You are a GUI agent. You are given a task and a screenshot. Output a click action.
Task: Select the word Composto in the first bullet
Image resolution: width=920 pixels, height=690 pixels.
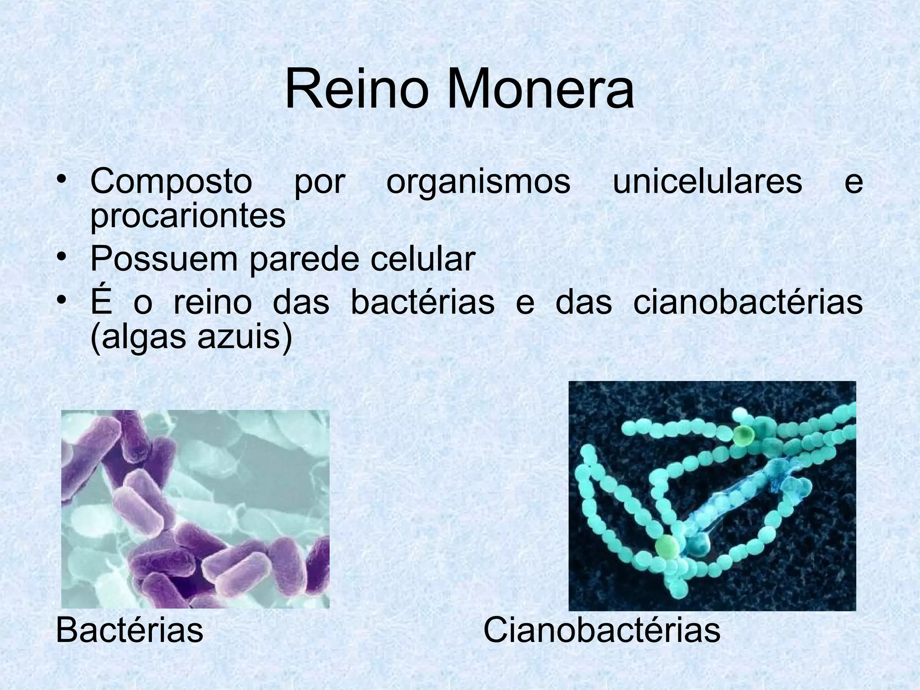(x=171, y=182)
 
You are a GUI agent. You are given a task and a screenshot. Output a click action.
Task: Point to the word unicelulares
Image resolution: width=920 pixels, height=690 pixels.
(x=708, y=181)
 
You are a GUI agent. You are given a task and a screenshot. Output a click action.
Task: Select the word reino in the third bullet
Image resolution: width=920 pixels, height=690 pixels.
(x=212, y=303)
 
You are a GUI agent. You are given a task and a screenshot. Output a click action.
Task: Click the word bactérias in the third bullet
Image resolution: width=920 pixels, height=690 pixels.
(x=422, y=302)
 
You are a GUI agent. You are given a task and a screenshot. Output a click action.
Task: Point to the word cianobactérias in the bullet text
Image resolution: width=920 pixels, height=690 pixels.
(x=748, y=302)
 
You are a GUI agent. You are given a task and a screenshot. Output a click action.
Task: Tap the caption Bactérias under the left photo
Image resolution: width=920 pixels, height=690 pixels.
(x=129, y=630)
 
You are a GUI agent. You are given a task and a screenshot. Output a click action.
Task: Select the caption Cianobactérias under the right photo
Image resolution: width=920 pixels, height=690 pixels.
(x=602, y=630)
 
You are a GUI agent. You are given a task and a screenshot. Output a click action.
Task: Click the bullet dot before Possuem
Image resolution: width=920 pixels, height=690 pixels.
(x=62, y=258)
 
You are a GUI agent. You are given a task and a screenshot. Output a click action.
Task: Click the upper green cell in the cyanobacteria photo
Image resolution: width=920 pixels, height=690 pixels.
(x=744, y=434)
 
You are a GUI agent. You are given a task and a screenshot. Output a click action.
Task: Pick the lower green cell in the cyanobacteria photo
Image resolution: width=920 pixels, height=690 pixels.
(x=667, y=547)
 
